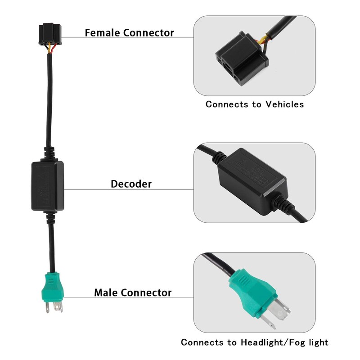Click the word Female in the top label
[103, 32]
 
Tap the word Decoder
[131, 184]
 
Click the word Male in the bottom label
[106, 292]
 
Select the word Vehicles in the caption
[285, 104]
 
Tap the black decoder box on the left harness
[48, 186]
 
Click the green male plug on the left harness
[53, 287]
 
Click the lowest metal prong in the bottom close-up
[268, 321]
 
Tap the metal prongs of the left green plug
[54, 307]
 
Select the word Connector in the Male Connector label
[146, 292]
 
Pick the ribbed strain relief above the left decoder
[49, 153]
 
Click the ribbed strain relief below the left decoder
[51, 218]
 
